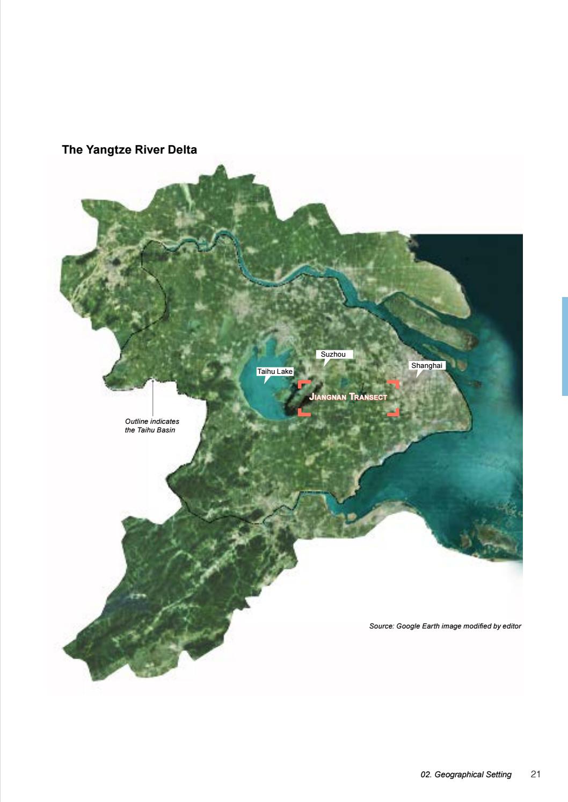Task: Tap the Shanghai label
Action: click(427, 366)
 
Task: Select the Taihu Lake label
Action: click(275, 371)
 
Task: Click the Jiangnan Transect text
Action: click(348, 398)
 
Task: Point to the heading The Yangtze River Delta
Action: click(129, 150)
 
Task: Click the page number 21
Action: click(535, 774)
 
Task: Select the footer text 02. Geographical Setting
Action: click(466, 775)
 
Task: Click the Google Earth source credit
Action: click(445, 626)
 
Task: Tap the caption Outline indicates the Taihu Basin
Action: click(152, 426)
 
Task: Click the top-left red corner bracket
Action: click(303, 385)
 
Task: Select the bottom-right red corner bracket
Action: click(395, 412)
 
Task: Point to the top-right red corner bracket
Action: click(395, 385)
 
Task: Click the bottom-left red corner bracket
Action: click(303, 412)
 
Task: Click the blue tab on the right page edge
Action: click(565, 346)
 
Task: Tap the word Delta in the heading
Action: click(183, 150)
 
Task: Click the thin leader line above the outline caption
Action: click(153, 398)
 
